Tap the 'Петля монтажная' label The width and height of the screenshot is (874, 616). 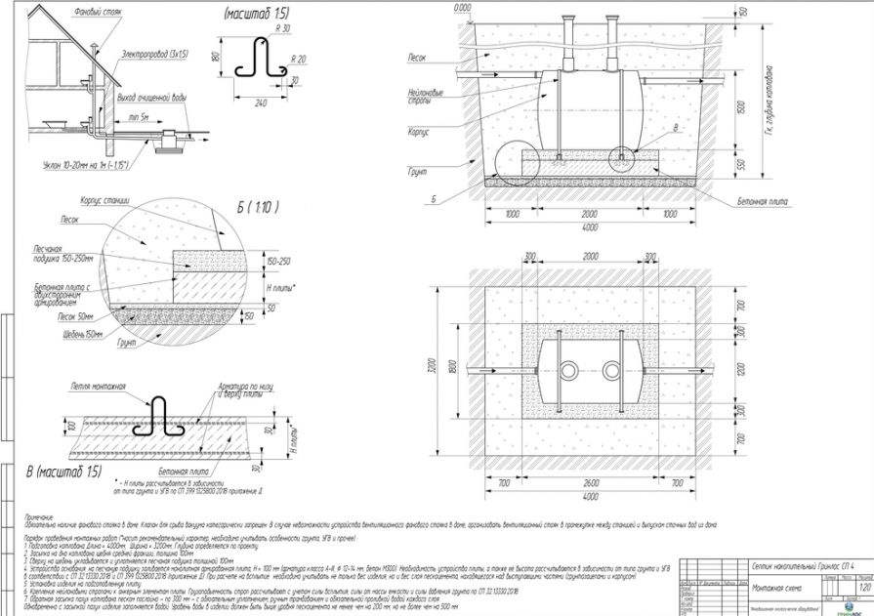98,387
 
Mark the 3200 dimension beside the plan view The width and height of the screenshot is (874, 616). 444,370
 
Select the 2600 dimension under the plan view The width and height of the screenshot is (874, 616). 587,482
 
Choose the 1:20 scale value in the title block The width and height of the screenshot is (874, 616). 857,587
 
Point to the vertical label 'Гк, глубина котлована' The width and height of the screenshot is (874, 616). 770,98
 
